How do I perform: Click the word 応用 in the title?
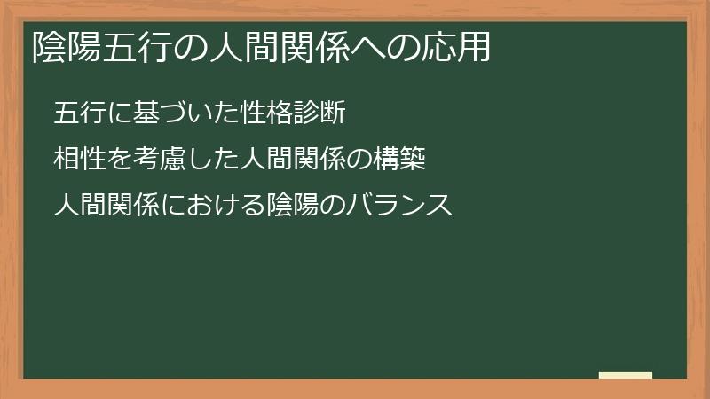462,47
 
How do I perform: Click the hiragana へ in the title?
369,47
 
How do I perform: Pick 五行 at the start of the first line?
77,113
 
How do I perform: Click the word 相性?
77,160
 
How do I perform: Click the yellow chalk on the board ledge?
626,375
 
